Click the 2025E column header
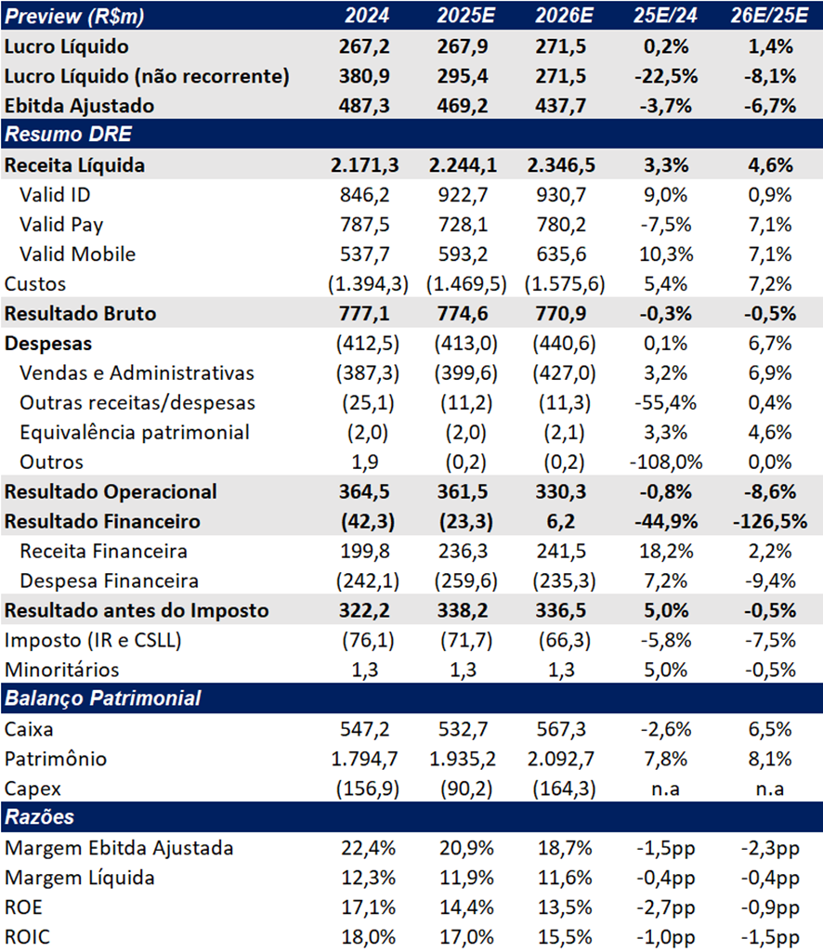click(466, 15)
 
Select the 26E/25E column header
click(769, 15)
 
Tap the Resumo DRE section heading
click(68, 134)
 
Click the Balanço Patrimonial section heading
click(103, 698)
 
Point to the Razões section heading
click(40, 817)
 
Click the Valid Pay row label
click(61, 225)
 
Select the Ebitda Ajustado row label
click(80, 106)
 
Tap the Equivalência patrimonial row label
click(135, 432)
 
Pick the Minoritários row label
click(62, 670)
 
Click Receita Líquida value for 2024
click(364, 165)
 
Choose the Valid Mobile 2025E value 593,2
click(463, 254)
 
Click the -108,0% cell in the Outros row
click(666, 462)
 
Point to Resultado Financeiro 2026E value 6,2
click(561, 522)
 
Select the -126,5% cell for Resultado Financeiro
click(769, 522)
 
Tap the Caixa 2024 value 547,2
click(364, 728)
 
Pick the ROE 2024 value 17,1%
click(368, 907)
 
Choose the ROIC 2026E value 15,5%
click(565, 937)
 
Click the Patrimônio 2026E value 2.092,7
click(561, 758)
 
